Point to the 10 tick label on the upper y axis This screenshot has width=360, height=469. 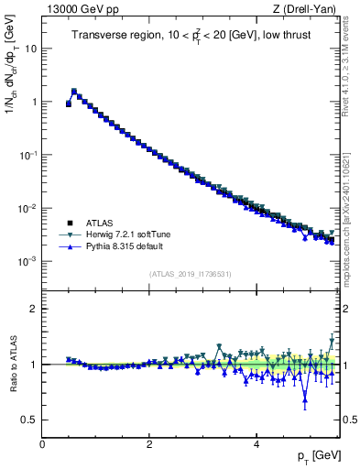(x=29, y=48)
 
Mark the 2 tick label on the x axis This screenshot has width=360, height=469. (x=149, y=444)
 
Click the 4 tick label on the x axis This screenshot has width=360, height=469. (x=256, y=444)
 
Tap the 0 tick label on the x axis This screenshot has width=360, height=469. (x=42, y=444)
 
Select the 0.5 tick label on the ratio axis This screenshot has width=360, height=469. (x=28, y=420)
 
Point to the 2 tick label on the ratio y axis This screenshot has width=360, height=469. (x=33, y=309)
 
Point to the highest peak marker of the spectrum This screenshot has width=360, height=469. (x=74, y=91)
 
